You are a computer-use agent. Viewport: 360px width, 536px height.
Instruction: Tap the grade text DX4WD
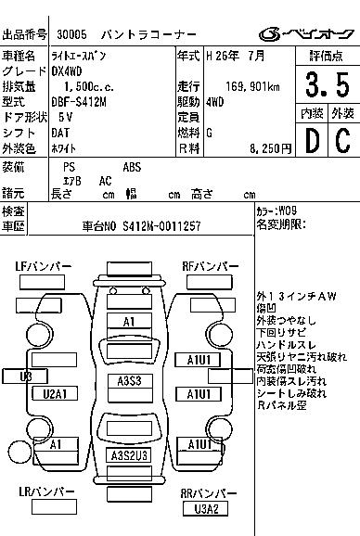click(68, 71)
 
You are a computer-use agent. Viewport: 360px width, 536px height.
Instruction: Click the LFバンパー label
click(43, 267)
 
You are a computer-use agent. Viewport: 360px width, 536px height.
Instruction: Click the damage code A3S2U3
click(130, 455)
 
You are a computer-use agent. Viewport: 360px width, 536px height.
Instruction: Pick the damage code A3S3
click(130, 381)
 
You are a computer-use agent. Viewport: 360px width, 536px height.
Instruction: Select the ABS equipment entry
click(133, 167)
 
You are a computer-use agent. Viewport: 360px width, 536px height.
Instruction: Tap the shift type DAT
click(61, 131)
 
